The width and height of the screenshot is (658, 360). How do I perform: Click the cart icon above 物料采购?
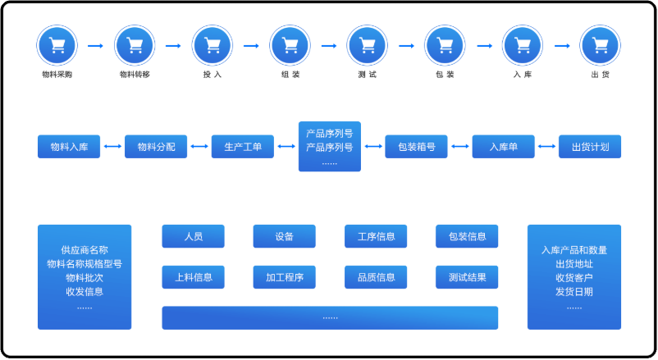[57, 45]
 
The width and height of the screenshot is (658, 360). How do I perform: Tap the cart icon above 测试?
[367, 45]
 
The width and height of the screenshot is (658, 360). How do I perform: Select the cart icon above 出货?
[600, 45]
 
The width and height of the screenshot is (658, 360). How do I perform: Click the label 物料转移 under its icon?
[135, 75]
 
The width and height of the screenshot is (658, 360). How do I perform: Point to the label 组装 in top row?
[290, 75]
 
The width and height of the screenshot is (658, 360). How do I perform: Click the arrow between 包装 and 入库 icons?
[484, 46]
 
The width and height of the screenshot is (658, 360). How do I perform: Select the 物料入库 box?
[69, 147]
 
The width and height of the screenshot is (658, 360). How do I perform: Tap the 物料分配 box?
[156, 147]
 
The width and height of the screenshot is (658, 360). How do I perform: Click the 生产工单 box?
[243, 147]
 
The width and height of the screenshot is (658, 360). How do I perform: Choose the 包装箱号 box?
[416, 147]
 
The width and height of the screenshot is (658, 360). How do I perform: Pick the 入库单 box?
[503, 147]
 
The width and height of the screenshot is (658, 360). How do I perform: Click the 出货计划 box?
[590, 147]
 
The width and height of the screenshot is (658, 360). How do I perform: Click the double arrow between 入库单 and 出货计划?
[546, 147]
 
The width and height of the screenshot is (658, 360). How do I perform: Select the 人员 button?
[194, 237]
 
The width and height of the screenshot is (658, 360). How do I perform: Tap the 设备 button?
[285, 237]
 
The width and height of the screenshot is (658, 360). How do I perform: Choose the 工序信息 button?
[376, 237]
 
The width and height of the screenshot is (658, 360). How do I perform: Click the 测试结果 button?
[467, 277]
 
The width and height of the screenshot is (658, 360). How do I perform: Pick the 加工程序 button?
[285, 277]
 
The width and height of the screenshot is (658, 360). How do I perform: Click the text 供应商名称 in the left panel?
[85, 249]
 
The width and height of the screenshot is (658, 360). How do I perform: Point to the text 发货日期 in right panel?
[574, 291]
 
